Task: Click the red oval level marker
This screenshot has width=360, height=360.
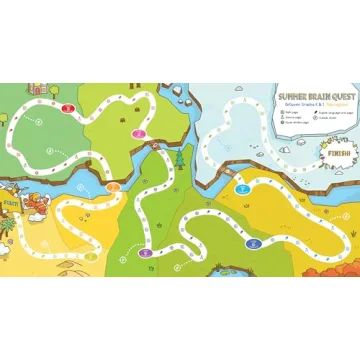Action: point(69,103)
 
